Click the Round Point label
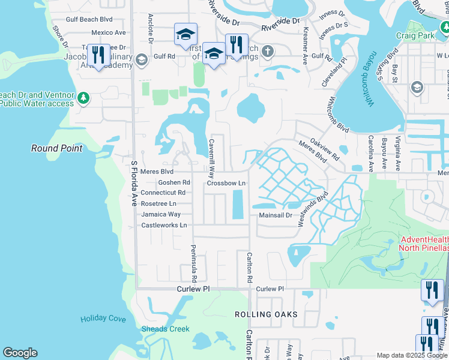pos(58,148)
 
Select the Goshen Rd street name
pos(174,182)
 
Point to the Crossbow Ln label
pos(227,183)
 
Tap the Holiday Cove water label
pos(103,319)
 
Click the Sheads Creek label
pos(165,329)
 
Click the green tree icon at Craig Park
pos(445,26)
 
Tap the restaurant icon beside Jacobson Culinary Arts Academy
pos(97,55)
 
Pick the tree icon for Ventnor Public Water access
pos(85,97)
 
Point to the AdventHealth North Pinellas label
pos(424,244)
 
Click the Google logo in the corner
pos(20,353)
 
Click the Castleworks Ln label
pos(164,226)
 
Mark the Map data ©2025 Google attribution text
pos(412,355)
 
